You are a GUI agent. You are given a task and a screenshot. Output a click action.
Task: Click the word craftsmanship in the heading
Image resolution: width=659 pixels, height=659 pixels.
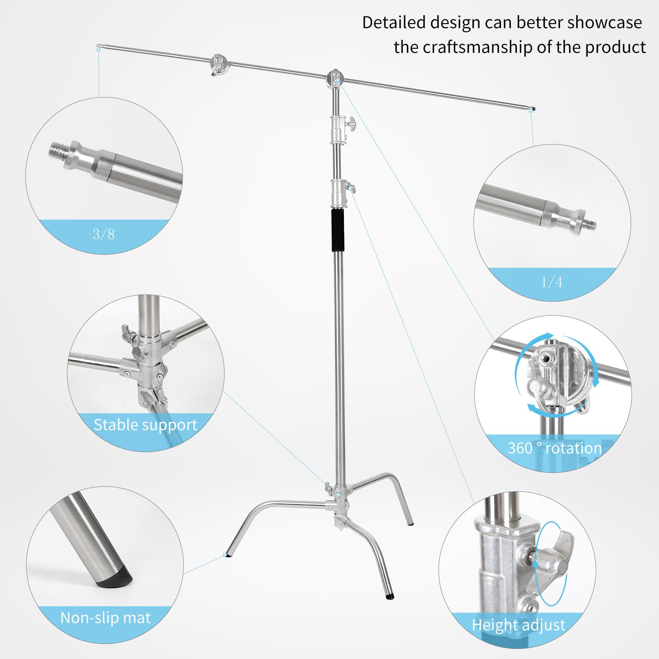point(477,47)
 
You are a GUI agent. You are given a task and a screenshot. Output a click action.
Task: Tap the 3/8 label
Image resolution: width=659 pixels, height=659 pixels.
point(103,234)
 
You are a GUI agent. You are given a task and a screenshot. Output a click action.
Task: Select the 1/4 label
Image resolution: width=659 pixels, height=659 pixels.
point(552,282)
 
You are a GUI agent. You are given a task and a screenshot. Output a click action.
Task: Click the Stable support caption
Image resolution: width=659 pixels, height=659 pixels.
point(145,425)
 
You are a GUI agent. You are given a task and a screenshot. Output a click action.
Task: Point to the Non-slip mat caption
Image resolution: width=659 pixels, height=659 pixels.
point(105,618)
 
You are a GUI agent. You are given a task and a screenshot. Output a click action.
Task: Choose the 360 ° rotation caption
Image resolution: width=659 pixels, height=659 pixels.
point(554,448)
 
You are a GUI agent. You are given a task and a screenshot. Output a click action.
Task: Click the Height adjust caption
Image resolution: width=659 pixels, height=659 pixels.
point(519,625)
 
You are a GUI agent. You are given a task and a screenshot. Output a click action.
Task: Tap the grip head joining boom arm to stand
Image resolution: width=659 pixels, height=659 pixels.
point(335,77)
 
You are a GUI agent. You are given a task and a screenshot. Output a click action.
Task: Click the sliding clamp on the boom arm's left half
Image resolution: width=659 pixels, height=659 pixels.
point(218,64)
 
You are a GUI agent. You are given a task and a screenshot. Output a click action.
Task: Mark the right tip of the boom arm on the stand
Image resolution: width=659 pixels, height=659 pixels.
point(533,109)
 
